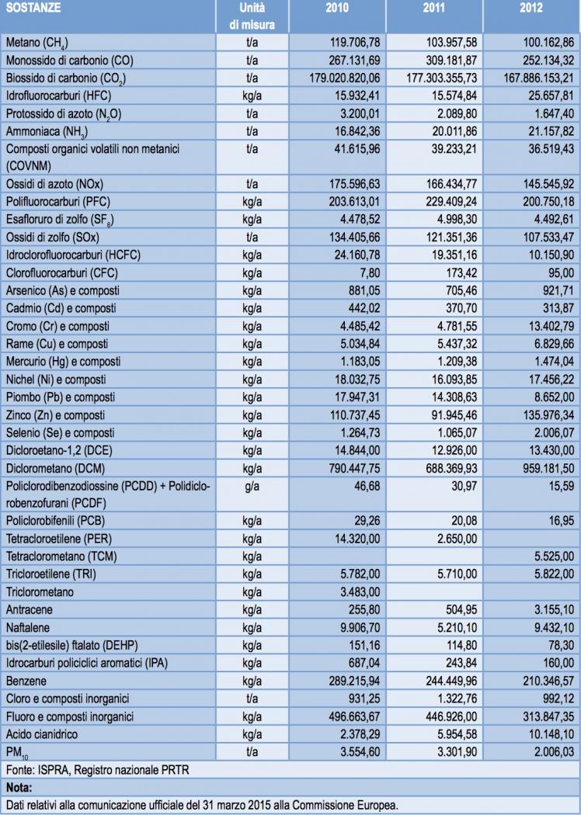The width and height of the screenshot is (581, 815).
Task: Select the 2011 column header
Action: [434, 9]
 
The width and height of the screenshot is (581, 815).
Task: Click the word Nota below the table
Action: [17, 786]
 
